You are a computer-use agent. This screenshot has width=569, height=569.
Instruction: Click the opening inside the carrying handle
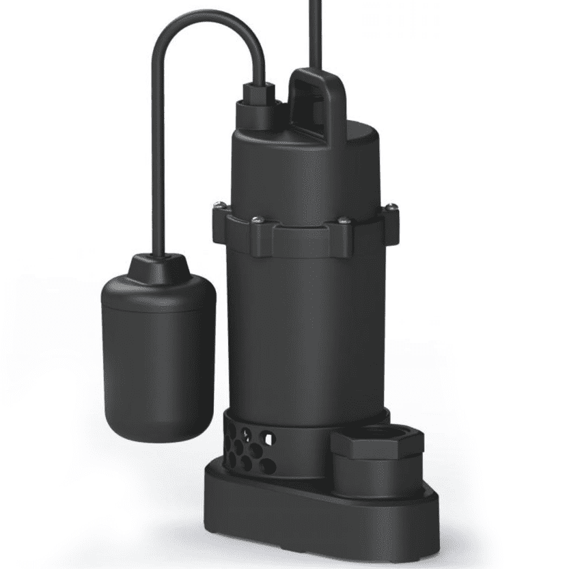(x=316, y=102)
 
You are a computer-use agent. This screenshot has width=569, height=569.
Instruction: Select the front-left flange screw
(x=256, y=219)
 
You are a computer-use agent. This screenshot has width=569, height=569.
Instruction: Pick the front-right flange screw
(x=343, y=220)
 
